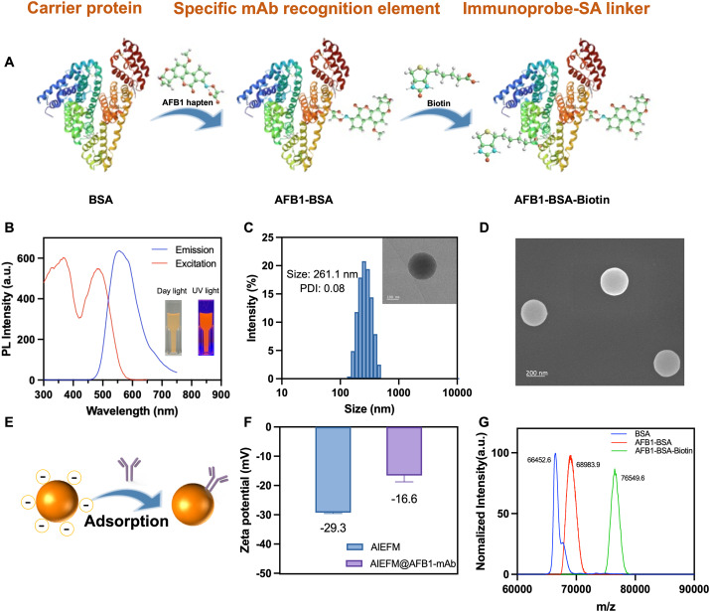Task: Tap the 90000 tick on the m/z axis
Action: point(694,589)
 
